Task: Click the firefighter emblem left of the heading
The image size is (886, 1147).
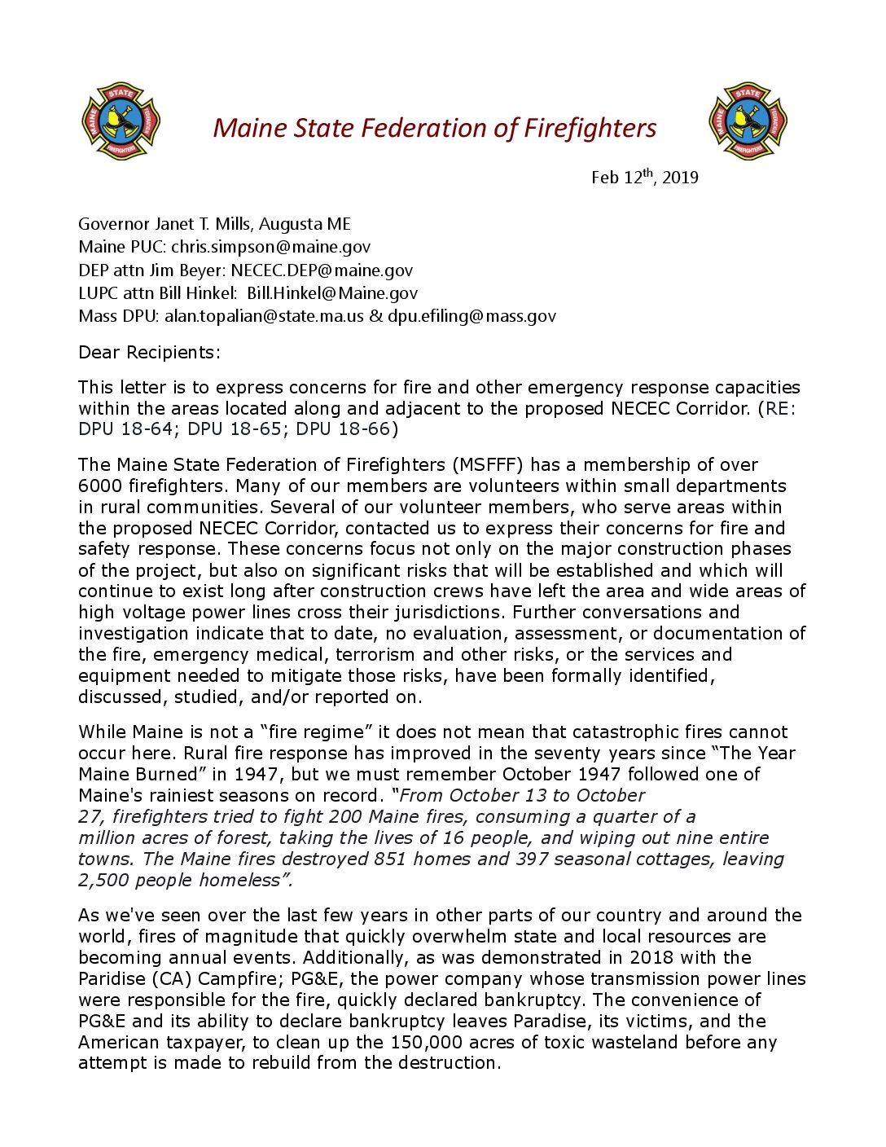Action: [121, 121]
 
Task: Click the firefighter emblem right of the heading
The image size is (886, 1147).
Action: [748, 121]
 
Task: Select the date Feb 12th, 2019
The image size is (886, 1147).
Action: [644, 177]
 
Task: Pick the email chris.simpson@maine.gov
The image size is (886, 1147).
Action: [270, 247]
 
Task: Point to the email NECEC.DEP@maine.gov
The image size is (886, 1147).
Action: [322, 270]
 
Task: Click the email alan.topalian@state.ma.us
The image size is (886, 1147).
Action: [264, 316]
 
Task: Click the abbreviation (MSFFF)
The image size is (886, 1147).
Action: [488, 465]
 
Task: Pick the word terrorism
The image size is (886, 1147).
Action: [376, 655]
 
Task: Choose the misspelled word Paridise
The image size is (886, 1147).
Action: [111, 979]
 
